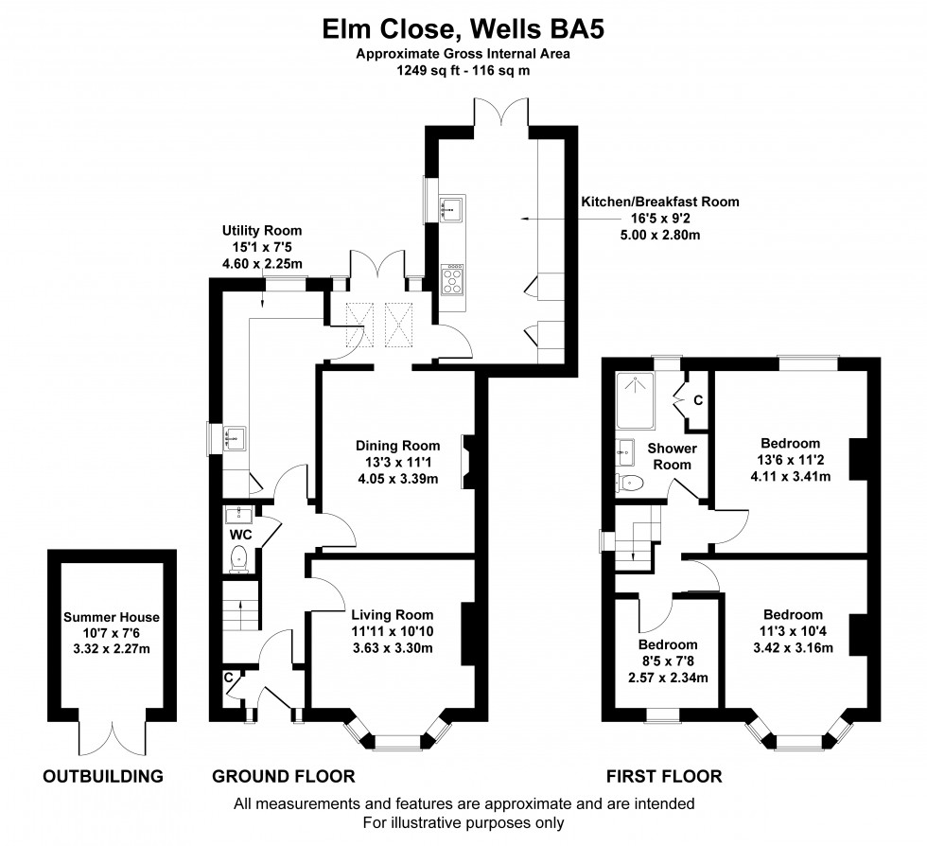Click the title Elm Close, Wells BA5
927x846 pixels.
463,29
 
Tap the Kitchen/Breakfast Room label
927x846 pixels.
659,202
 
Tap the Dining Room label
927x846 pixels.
397,446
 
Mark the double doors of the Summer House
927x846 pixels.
112,731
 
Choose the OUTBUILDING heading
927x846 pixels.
103,777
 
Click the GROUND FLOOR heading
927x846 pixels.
283,777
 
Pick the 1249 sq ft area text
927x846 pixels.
463,70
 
